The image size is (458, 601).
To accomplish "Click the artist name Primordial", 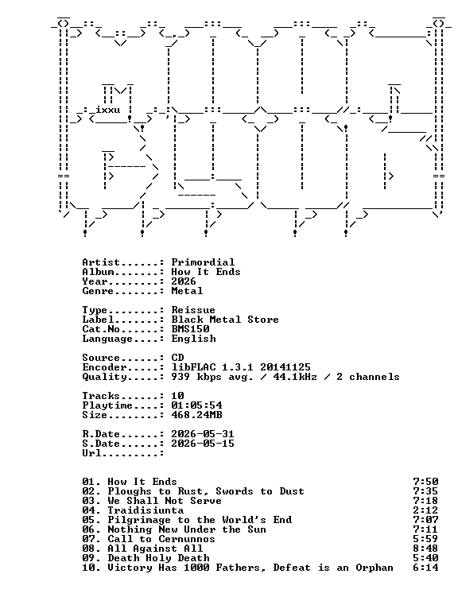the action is (203, 262).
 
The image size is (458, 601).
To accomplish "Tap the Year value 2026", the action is (184, 281).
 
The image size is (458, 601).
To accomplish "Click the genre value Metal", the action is (187, 291).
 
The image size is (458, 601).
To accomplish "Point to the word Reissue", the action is (193, 310).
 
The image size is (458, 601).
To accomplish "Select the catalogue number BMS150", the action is (190, 329).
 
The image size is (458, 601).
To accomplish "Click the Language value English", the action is (193, 339).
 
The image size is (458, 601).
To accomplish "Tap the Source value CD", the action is (177, 358).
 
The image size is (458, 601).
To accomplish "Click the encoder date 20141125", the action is (285, 367).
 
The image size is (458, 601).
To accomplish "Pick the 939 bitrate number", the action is (180, 377).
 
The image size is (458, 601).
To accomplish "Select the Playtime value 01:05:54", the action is (196, 405).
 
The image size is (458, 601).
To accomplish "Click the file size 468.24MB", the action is (196, 415).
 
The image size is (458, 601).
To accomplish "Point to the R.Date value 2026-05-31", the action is (203, 434).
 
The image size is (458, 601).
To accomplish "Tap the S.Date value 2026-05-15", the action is (203, 444).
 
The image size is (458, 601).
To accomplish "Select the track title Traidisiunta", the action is (146, 510).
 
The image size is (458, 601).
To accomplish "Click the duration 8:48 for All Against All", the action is (425, 549).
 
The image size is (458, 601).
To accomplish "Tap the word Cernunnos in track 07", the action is (187, 539).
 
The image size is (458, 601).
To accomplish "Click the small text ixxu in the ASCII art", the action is (107, 110).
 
